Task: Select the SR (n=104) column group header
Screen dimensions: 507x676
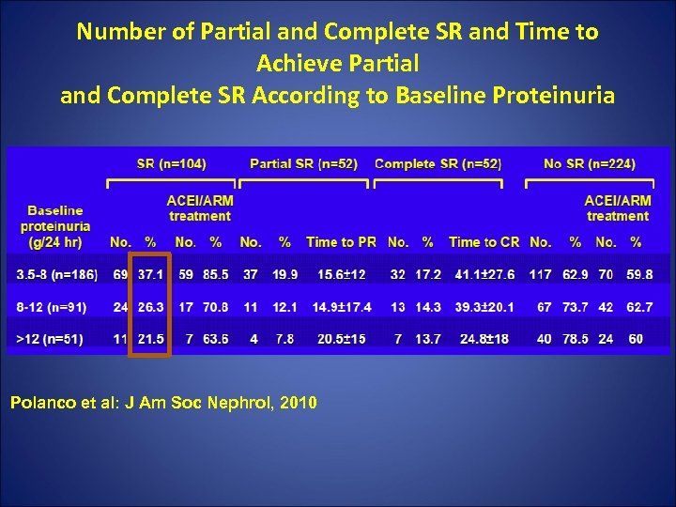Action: click(x=171, y=163)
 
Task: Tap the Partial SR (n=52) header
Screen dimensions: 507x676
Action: click(x=303, y=163)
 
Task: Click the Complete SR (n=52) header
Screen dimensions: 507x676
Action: click(x=438, y=163)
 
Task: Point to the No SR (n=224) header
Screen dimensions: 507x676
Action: click(x=589, y=163)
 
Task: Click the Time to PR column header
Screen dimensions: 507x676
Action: click(x=341, y=242)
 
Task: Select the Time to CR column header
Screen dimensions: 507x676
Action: click(x=484, y=242)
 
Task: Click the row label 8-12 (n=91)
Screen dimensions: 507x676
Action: click(x=53, y=306)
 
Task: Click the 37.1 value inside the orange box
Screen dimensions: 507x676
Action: click(x=150, y=274)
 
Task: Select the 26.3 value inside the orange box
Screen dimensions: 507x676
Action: click(x=150, y=306)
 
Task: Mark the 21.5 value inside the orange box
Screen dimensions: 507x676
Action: click(x=150, y=338)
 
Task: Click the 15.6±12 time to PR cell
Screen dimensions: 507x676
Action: click(x=342, y=274)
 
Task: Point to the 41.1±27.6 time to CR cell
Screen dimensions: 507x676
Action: click(x=484, y=274)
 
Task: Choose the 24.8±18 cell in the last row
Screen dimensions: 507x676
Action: click(x=484, y=338)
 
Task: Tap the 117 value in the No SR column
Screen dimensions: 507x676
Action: click(x=540, y=274)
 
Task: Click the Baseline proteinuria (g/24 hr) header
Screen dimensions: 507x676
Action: click(x=55, y=226)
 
